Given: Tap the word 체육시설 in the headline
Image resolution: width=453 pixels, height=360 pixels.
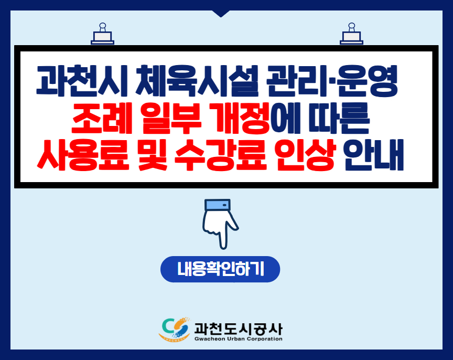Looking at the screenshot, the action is coord(197,81).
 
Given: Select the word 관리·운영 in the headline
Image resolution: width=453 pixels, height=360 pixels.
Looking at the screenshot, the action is coord(332,81).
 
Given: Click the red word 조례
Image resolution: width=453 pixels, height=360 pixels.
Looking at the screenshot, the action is coord(101,118).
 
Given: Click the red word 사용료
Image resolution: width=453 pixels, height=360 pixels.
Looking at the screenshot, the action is coord(83,155).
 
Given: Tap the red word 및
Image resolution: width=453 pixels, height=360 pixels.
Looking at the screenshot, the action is coord(152,155).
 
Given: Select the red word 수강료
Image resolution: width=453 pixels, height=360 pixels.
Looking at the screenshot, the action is coord(220,155).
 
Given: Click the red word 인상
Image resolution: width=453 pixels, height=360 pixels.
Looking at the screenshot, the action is coord(305,155).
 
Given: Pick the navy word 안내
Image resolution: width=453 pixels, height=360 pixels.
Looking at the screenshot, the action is coord(373,155).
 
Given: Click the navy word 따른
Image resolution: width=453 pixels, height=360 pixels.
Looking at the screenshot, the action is coord(339,118).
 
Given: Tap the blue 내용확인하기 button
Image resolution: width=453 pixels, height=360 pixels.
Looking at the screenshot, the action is coord(220,269).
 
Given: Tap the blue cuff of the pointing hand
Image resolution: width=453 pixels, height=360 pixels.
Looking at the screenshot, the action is coord(217,205).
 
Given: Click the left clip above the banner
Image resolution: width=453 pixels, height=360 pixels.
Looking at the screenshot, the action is coord(103,34).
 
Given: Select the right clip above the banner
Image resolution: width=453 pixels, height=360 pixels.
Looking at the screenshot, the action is coord(351,34).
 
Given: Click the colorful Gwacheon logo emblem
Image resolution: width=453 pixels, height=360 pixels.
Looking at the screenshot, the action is coord(175,329).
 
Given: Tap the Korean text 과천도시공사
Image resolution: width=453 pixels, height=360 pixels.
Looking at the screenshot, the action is coord(239,329).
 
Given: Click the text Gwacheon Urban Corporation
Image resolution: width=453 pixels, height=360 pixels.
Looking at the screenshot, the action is coord(239,339).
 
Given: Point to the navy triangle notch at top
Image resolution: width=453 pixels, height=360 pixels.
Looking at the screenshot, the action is coord(221,13).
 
